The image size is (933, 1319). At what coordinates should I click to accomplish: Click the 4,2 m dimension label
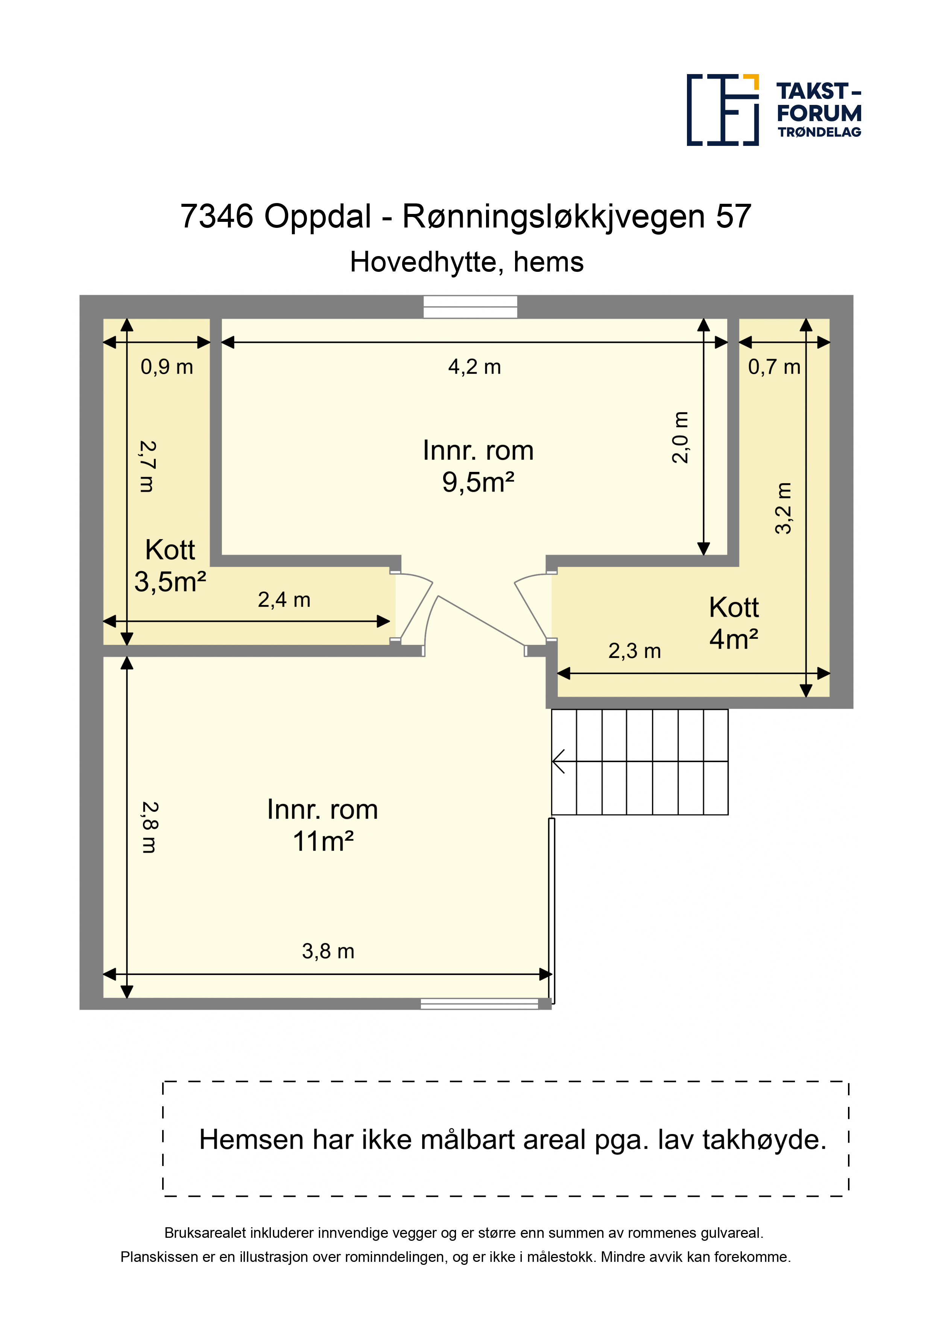click(x=474, y=367)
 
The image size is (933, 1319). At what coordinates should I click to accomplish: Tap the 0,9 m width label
click(x=167, y=367)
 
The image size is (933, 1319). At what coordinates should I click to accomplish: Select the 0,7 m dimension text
click(x=774, y=367)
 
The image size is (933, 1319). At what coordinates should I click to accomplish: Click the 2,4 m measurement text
click(x=284, y=600)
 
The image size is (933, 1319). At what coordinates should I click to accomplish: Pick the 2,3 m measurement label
click(x=635, y=651)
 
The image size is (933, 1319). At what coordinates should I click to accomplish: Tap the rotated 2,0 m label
click(x=680, y=437)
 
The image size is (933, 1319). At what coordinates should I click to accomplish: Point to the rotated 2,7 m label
click(x=147, y=467)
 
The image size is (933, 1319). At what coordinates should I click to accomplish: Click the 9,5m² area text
click(x=478, y=482)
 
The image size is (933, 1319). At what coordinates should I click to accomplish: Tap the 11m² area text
click(x=323, y=841)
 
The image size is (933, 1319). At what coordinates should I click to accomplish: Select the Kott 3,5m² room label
click(x=170, y=566)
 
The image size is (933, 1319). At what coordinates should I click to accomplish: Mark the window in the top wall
click(x=470, y=307)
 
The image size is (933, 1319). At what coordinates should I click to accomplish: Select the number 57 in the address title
click(x=734, y=217)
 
